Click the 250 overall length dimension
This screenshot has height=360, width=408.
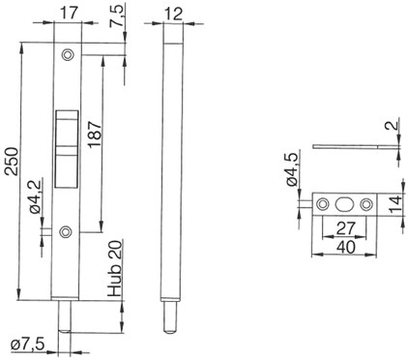13,161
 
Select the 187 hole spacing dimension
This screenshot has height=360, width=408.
95,135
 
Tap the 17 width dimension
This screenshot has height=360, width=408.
69,14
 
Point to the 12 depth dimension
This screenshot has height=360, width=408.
173,14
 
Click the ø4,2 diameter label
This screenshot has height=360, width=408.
36,197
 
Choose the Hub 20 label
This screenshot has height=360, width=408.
115,269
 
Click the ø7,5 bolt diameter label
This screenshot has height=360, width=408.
27,345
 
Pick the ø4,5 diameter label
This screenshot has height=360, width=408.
292,169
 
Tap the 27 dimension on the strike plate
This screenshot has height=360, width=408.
345,227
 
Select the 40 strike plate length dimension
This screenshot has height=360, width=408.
345,247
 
